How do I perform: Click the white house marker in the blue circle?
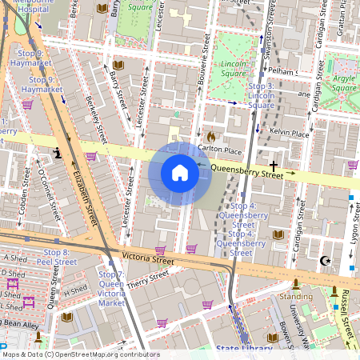tap(180, 173)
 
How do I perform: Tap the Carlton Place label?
tap(220, 150)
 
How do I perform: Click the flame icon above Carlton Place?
tap(211, 136)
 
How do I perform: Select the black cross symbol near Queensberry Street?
tap(273, 164)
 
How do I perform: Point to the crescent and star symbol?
tap(325, 261)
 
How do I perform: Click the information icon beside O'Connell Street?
tap(57, 152)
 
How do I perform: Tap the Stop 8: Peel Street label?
tap(56, 257)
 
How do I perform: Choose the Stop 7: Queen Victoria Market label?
tap(111, 288)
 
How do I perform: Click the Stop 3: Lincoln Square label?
tap(262, 95)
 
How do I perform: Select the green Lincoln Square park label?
tap(234, 69)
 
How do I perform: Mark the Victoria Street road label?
tap(147, 258)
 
